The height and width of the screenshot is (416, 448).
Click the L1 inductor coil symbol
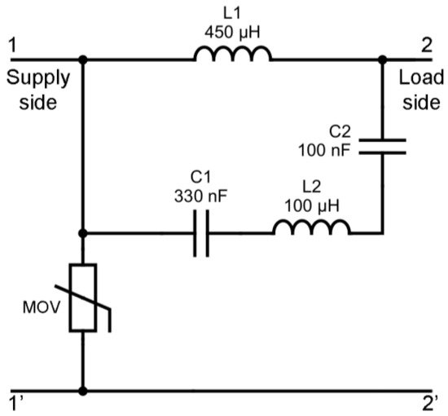[x=232, y=54]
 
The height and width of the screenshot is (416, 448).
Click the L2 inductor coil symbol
[x=312, y=226]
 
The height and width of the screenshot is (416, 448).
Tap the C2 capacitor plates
[x=381, y=145]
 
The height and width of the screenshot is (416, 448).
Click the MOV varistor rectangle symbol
[x=83, y=299]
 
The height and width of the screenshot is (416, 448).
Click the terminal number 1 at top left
[x=11, y=44]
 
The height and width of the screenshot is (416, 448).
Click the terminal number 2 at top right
[x=427, y=44]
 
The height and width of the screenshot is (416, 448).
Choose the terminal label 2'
[x=429, y=402]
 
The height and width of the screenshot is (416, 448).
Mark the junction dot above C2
[x=381, y=60]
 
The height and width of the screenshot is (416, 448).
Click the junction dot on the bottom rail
[x=83, y=390]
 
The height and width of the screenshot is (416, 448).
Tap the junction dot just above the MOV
[x=83, y=233]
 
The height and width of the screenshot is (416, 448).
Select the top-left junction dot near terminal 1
[x=83, y=60]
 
